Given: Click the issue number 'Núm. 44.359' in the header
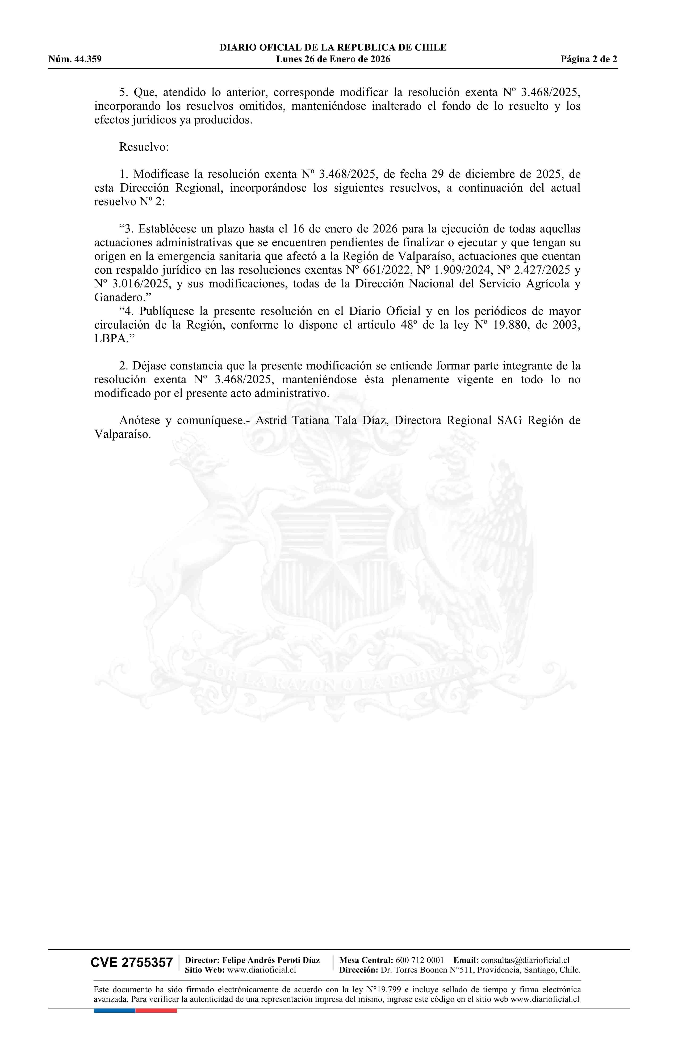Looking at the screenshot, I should (75, 59).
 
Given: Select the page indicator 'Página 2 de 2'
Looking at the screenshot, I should (589, 59).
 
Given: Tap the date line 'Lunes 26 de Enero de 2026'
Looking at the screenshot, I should (333, 59).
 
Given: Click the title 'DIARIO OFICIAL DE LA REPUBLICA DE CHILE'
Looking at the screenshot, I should (333, 48).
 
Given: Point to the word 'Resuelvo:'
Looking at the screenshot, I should (144, 147).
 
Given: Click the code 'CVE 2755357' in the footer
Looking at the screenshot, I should (132, 963).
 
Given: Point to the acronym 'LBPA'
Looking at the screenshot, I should (110, 339).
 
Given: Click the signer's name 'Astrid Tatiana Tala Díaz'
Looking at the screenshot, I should (324, 421).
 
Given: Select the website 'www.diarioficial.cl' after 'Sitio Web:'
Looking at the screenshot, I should (261, 970).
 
